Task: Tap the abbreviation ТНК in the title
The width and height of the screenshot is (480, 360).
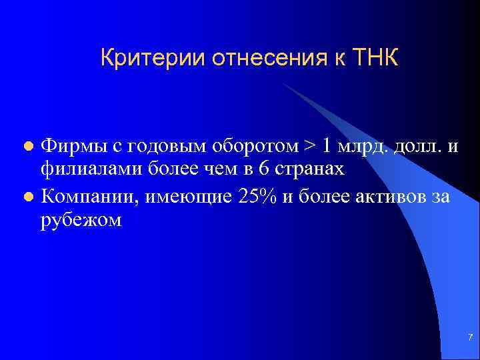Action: tap(373, 58)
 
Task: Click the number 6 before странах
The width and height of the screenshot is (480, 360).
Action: tap(264, 169)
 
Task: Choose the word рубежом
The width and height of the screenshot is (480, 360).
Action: tap(81, 221)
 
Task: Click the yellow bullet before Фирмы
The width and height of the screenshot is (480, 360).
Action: tap(27, 146)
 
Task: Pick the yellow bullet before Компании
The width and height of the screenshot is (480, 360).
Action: tap(27, 197)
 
